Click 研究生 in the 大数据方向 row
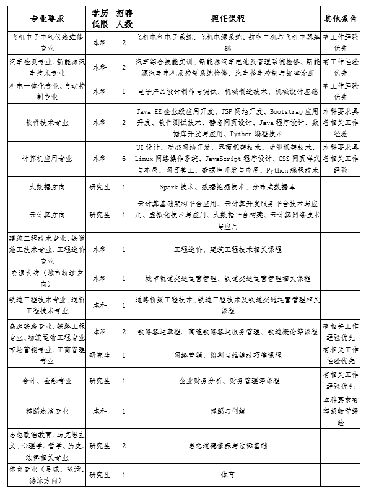pos(100,187)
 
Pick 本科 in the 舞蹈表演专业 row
pos(100,410)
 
